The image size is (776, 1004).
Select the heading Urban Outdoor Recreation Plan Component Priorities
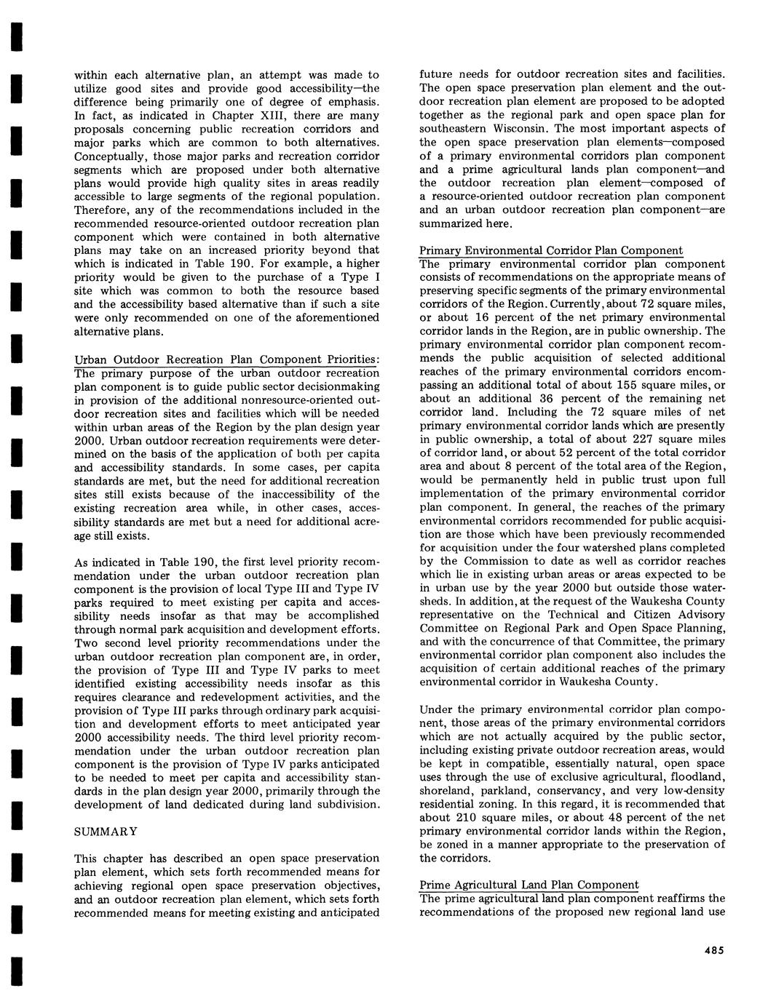(227, 359)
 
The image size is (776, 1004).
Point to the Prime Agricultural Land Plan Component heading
(529, 885)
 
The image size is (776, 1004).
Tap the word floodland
(698, 776)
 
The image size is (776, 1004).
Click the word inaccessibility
(266, 494)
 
